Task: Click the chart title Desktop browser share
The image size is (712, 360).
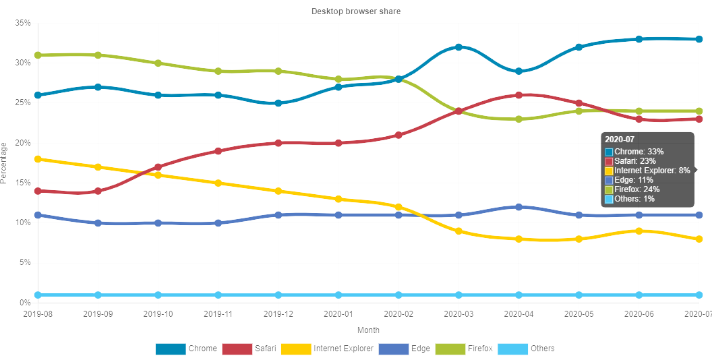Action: point(356,11)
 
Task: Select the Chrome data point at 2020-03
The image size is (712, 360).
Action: point(458,47)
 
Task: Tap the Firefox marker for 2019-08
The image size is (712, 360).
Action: point(38,55)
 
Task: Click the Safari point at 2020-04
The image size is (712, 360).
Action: point(518,95)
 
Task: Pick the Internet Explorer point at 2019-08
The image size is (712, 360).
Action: point(38,159)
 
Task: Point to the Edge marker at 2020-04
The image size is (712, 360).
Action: point(518,207)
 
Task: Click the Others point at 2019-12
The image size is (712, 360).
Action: point(278,295)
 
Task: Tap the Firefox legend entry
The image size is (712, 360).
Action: point(465,349)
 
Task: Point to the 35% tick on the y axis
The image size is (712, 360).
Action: point(23,23)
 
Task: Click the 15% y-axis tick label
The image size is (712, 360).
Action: point(23,183)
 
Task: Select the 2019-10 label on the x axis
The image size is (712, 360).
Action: point(158,314)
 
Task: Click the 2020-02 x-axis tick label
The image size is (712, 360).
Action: point(398,314)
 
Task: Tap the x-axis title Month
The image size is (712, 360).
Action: point(368,330)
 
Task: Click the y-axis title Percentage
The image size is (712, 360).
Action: point(5,162)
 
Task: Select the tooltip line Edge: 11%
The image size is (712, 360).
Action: point(634,180)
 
